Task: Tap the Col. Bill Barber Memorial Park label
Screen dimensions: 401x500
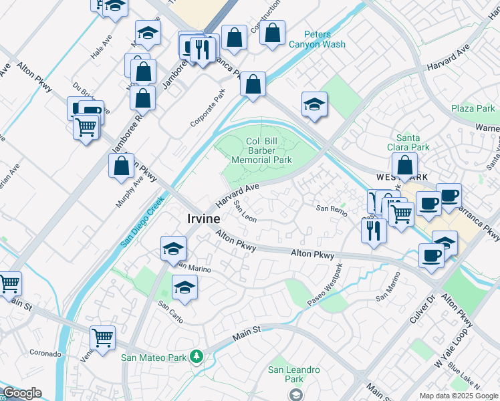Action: pos(261,151)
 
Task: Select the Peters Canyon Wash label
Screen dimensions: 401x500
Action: pos(317,39)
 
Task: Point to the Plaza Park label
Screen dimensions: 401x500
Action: pos(473,108)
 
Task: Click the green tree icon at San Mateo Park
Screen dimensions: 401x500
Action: pos(196,357)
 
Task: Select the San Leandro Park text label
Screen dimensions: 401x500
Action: pos(294,374)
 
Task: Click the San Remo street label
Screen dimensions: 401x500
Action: pos(332,209)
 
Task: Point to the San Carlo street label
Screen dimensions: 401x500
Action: pos(170,305)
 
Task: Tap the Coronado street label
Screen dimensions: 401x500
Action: pos(45,353)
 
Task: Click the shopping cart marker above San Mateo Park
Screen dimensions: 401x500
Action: pos(102,338)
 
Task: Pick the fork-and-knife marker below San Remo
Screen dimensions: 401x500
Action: pos(373,230)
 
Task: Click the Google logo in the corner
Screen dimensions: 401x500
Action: pos(21,393)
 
